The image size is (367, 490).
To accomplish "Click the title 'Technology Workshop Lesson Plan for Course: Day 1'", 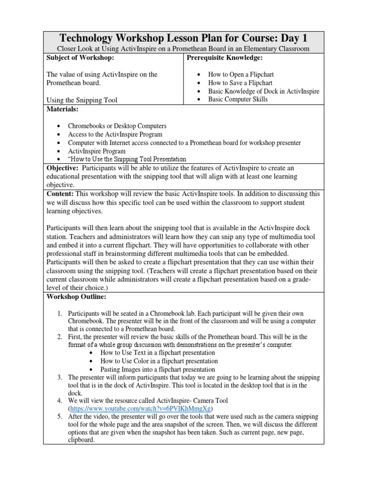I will (183, 38).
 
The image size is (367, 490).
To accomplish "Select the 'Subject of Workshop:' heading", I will (80, 58).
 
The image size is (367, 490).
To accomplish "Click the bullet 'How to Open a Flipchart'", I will (241, 75).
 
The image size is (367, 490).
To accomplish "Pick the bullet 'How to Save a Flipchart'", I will (240, 83).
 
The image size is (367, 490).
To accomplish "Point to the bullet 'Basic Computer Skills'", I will (238, 100).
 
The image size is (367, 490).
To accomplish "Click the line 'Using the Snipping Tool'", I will (82, 100).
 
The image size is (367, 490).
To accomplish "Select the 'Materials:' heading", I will (62, 110).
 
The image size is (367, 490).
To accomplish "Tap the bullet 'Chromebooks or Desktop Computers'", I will (117, 126).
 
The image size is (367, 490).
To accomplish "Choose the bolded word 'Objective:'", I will (62, 168).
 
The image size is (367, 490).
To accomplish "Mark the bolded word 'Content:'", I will (60, 193).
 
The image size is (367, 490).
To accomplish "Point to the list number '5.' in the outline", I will (60, 417).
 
